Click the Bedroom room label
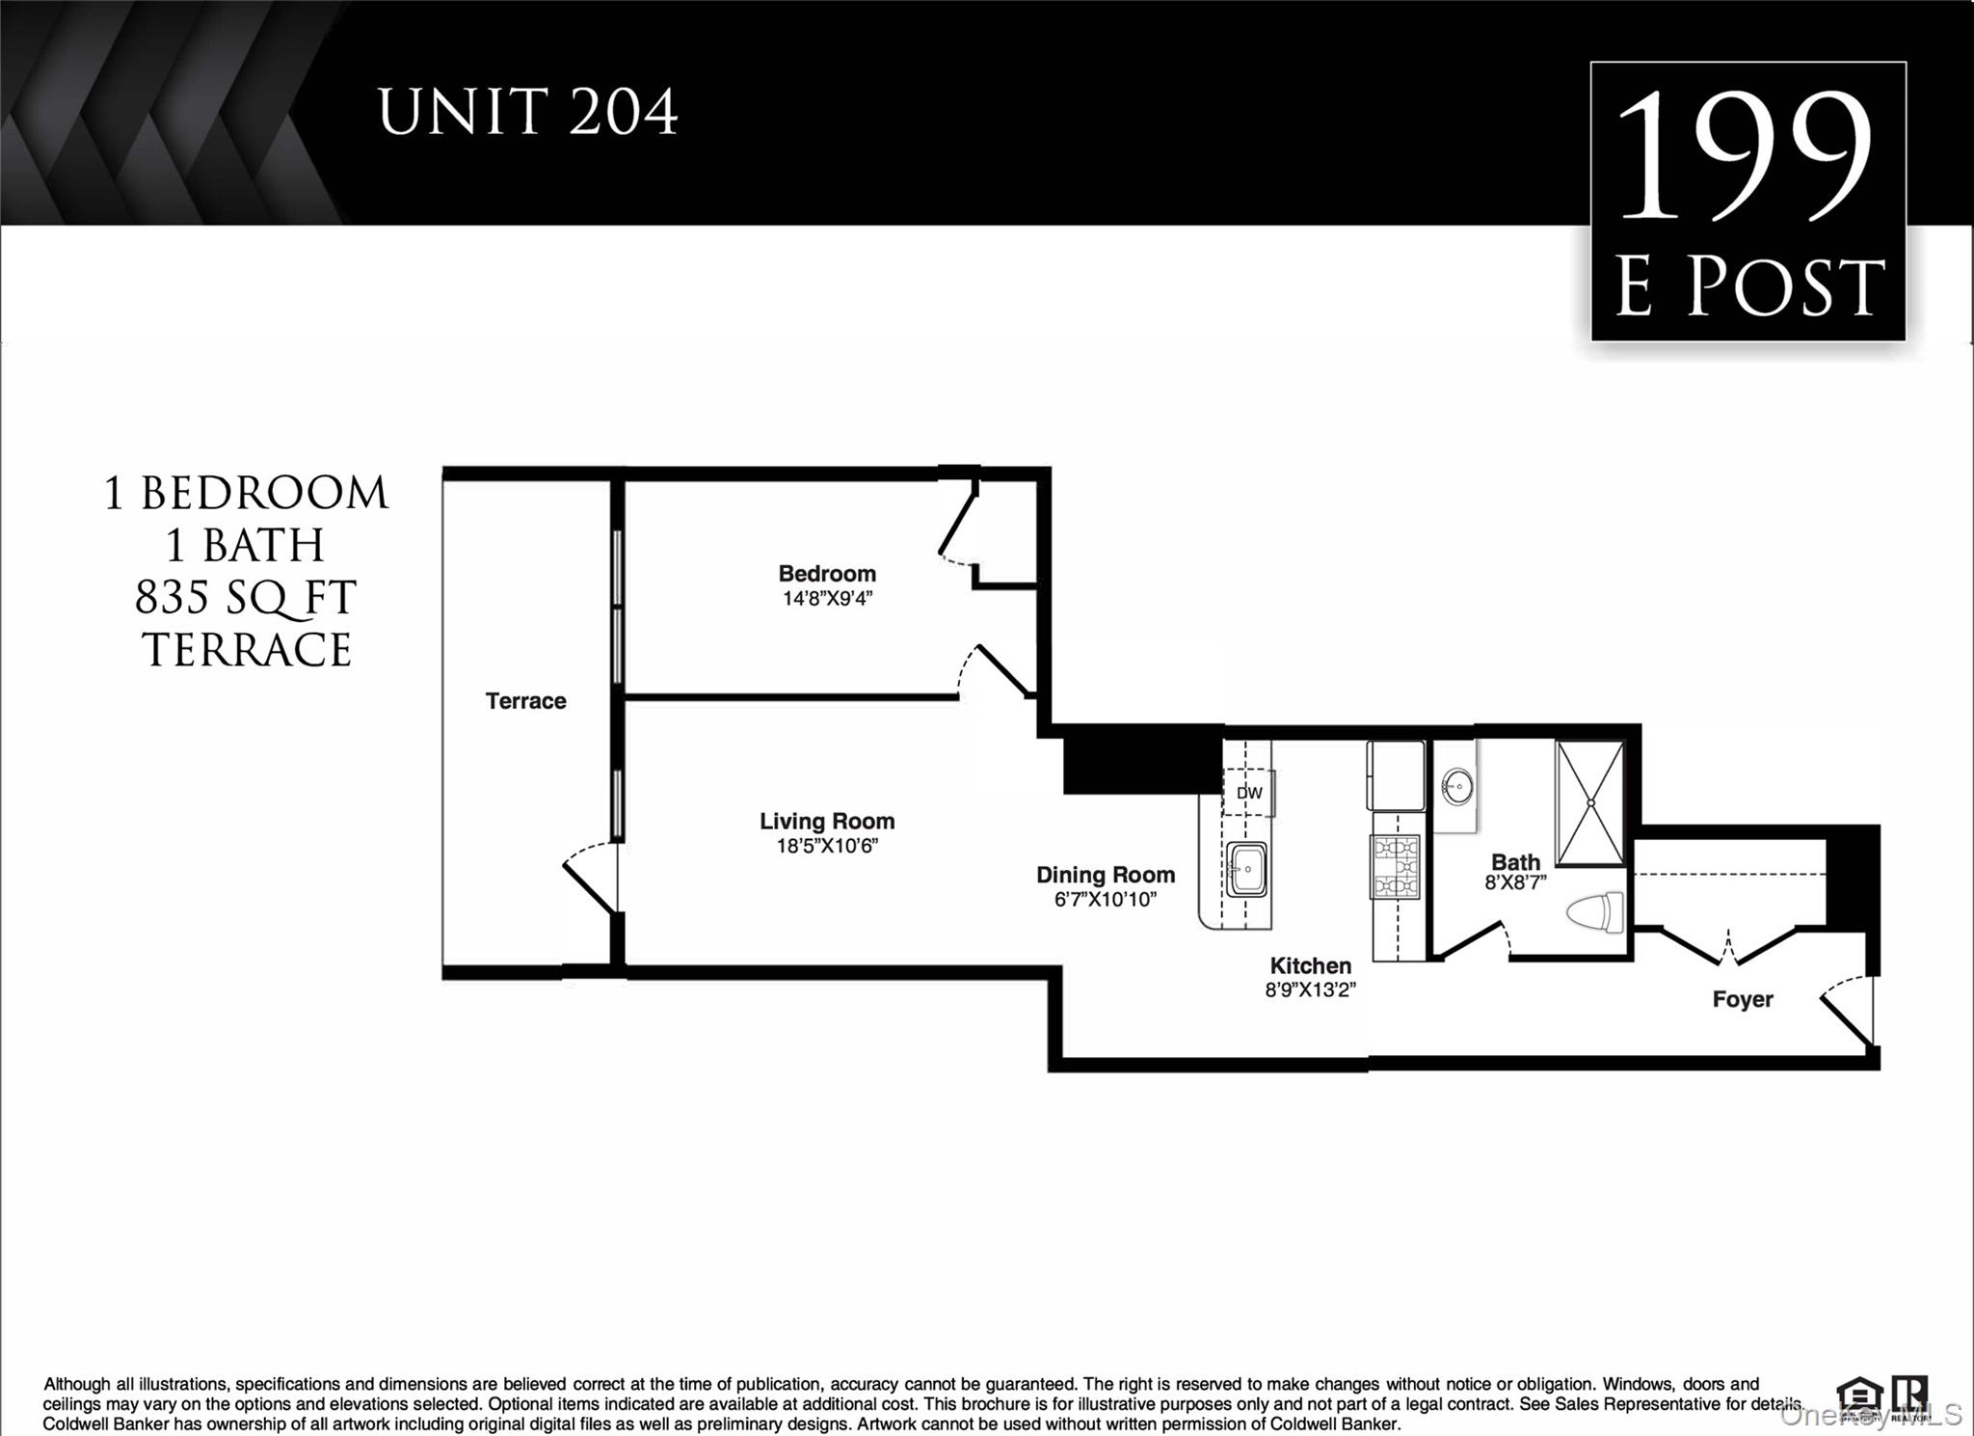[827, 574]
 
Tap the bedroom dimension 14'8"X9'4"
[827, 599]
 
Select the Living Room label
[827, 822]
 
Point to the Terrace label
[525, 701]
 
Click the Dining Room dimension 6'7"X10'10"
[1105, 900]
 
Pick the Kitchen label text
[1310, 965]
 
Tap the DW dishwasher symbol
[1249, 793]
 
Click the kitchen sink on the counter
[1246, 869]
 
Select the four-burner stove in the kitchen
[1396, 866]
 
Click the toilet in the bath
[1596, 912]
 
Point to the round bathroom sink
[1457, 787]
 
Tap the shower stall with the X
[1590, 802]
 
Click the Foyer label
[1742, 999]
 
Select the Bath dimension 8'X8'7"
[1515, 882]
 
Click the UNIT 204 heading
[528, 113]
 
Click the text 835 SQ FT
[246, 598]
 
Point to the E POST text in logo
[1748, 287]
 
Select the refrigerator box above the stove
[1395, 775]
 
